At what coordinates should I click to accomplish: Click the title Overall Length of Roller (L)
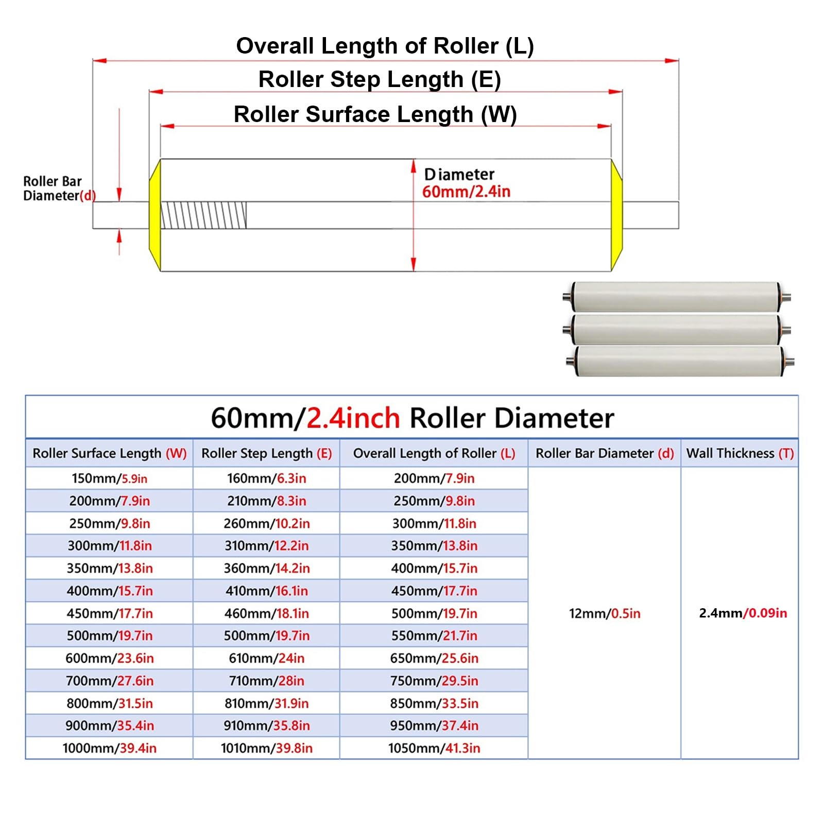(x=385, y=46)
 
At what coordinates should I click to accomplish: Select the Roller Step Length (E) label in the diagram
(x=380, y=79)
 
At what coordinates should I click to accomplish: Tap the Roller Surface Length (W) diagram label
(x=375, y=114)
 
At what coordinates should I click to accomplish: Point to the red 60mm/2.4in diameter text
(x=466, y=192)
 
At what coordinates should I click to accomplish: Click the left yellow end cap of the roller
(x=155, y=215)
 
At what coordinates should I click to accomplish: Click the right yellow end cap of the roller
(x=616, y=215)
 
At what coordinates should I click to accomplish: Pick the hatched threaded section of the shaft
(x=204, y=215)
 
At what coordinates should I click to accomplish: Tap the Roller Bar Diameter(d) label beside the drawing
(x=59, y=188)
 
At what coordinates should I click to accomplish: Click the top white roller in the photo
(x=676, y=297)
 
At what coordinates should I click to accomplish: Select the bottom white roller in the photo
(x=679, y=360)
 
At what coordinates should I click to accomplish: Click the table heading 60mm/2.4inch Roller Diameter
(x=413, y=418)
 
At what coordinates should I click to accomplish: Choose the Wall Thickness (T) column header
(x=740, y=453)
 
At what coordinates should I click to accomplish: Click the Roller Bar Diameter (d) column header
(x=605, y=453)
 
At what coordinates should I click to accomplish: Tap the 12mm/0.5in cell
(x=605, y=613)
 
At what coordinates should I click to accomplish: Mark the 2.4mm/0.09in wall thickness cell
(x=743, y=613)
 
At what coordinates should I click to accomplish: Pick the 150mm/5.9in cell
(x=109, y=478)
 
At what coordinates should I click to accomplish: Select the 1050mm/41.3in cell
(x=434, y=748)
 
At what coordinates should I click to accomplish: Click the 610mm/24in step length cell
(x=267, y=658)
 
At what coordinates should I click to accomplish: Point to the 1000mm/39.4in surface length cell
(x=109, y=748)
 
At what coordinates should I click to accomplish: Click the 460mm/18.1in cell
(x=267, y=613)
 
